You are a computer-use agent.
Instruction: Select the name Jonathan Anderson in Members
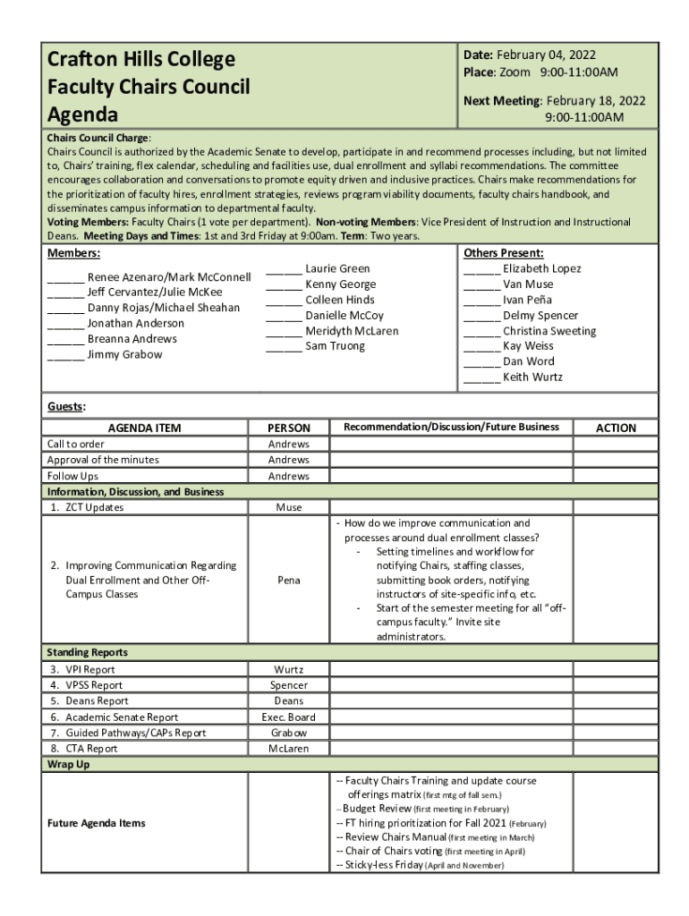[x=135, y=323]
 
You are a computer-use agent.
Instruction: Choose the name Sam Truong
[x=335, y=346]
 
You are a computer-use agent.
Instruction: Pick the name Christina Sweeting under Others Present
[x=549, y=331]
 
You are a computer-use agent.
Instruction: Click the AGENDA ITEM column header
[x=144, y=428]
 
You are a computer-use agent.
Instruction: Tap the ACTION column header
[x=616, y=428]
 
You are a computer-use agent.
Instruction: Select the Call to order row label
[x=76, y=445]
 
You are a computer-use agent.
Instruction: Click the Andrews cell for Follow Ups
[x=288, y=477]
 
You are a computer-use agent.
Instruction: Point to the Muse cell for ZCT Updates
[x=288, y=507]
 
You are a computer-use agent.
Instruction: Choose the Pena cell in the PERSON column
[x=288, y=581]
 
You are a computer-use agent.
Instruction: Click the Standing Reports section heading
[x=88, y=653]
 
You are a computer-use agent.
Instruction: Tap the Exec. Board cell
[x=288, y=717]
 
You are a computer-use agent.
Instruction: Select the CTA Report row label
[x=84, y=749]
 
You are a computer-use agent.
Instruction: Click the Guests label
[x=65, y=407]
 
